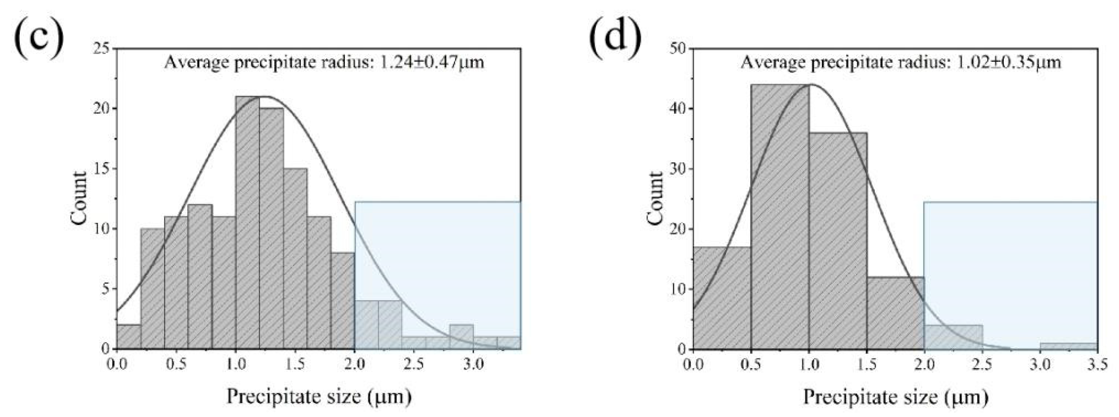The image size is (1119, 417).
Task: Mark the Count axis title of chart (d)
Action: coord(655,198)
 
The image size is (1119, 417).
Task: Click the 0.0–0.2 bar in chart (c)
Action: coord(129,336)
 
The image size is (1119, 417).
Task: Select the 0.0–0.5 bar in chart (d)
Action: coord(722,298)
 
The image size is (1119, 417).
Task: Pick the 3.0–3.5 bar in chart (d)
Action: coord(1068,346)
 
